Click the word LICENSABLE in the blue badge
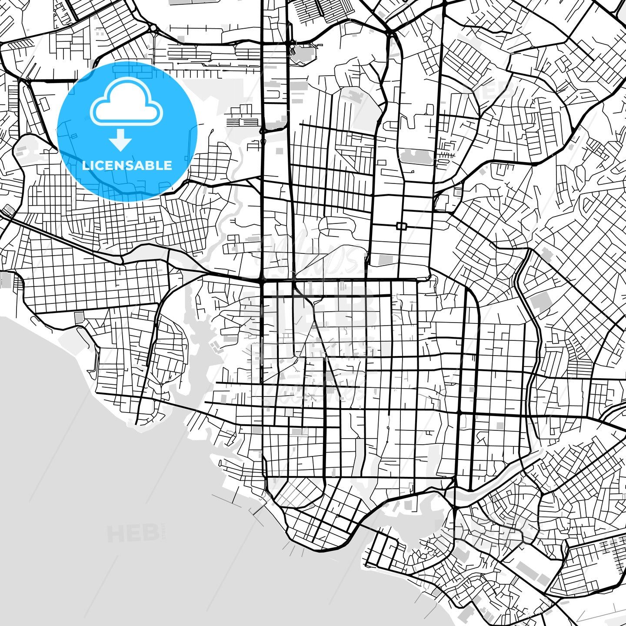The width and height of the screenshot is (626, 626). [x=127, y=165]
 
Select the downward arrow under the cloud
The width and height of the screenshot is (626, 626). [x=120, y=140]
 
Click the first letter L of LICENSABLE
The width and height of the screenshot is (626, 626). [x=85, y=165]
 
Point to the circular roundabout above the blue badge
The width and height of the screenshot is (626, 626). [x=153, y=29]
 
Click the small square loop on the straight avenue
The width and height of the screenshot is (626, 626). [x=401, y=226]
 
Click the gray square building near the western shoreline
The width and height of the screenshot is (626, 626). [x=79, y=317]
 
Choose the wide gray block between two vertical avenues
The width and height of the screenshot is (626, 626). [x=416, y=156]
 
